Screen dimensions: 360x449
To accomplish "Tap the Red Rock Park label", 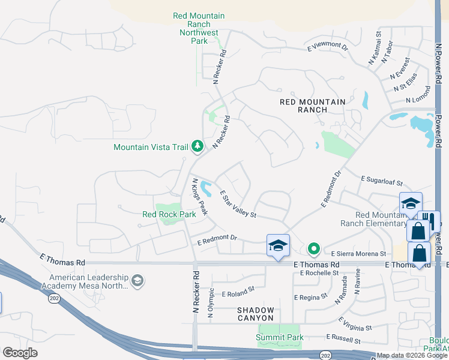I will tap(169, 214).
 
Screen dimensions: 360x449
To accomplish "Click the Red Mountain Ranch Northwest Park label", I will tap(199, 28).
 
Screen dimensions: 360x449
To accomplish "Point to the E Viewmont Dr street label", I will tap(327, 46).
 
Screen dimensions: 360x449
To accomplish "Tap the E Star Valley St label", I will tap(238, 204).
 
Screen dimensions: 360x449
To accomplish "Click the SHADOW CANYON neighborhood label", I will tap(255, 314).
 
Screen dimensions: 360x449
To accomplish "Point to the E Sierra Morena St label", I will tap(358, 254).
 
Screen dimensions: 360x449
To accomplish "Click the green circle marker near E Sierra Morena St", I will tap(313, 248).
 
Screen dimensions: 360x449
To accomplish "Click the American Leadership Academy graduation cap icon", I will tap(137, 281).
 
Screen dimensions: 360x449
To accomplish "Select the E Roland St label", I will tap(238, 294).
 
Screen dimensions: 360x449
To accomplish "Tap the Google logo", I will tap(20, 353).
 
